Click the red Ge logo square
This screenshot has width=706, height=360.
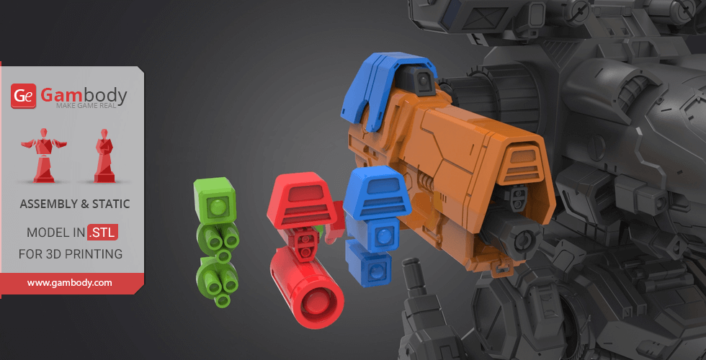pos(23,96)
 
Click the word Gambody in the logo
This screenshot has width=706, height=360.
pos(84,94)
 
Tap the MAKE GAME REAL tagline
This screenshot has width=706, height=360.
pos(86,106)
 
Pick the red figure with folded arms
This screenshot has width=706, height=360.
pos(104,156)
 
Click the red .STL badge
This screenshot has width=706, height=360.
pos(102,232)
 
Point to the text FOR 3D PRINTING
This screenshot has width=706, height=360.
pos(71,253)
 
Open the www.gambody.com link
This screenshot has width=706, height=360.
pos(69,283)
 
